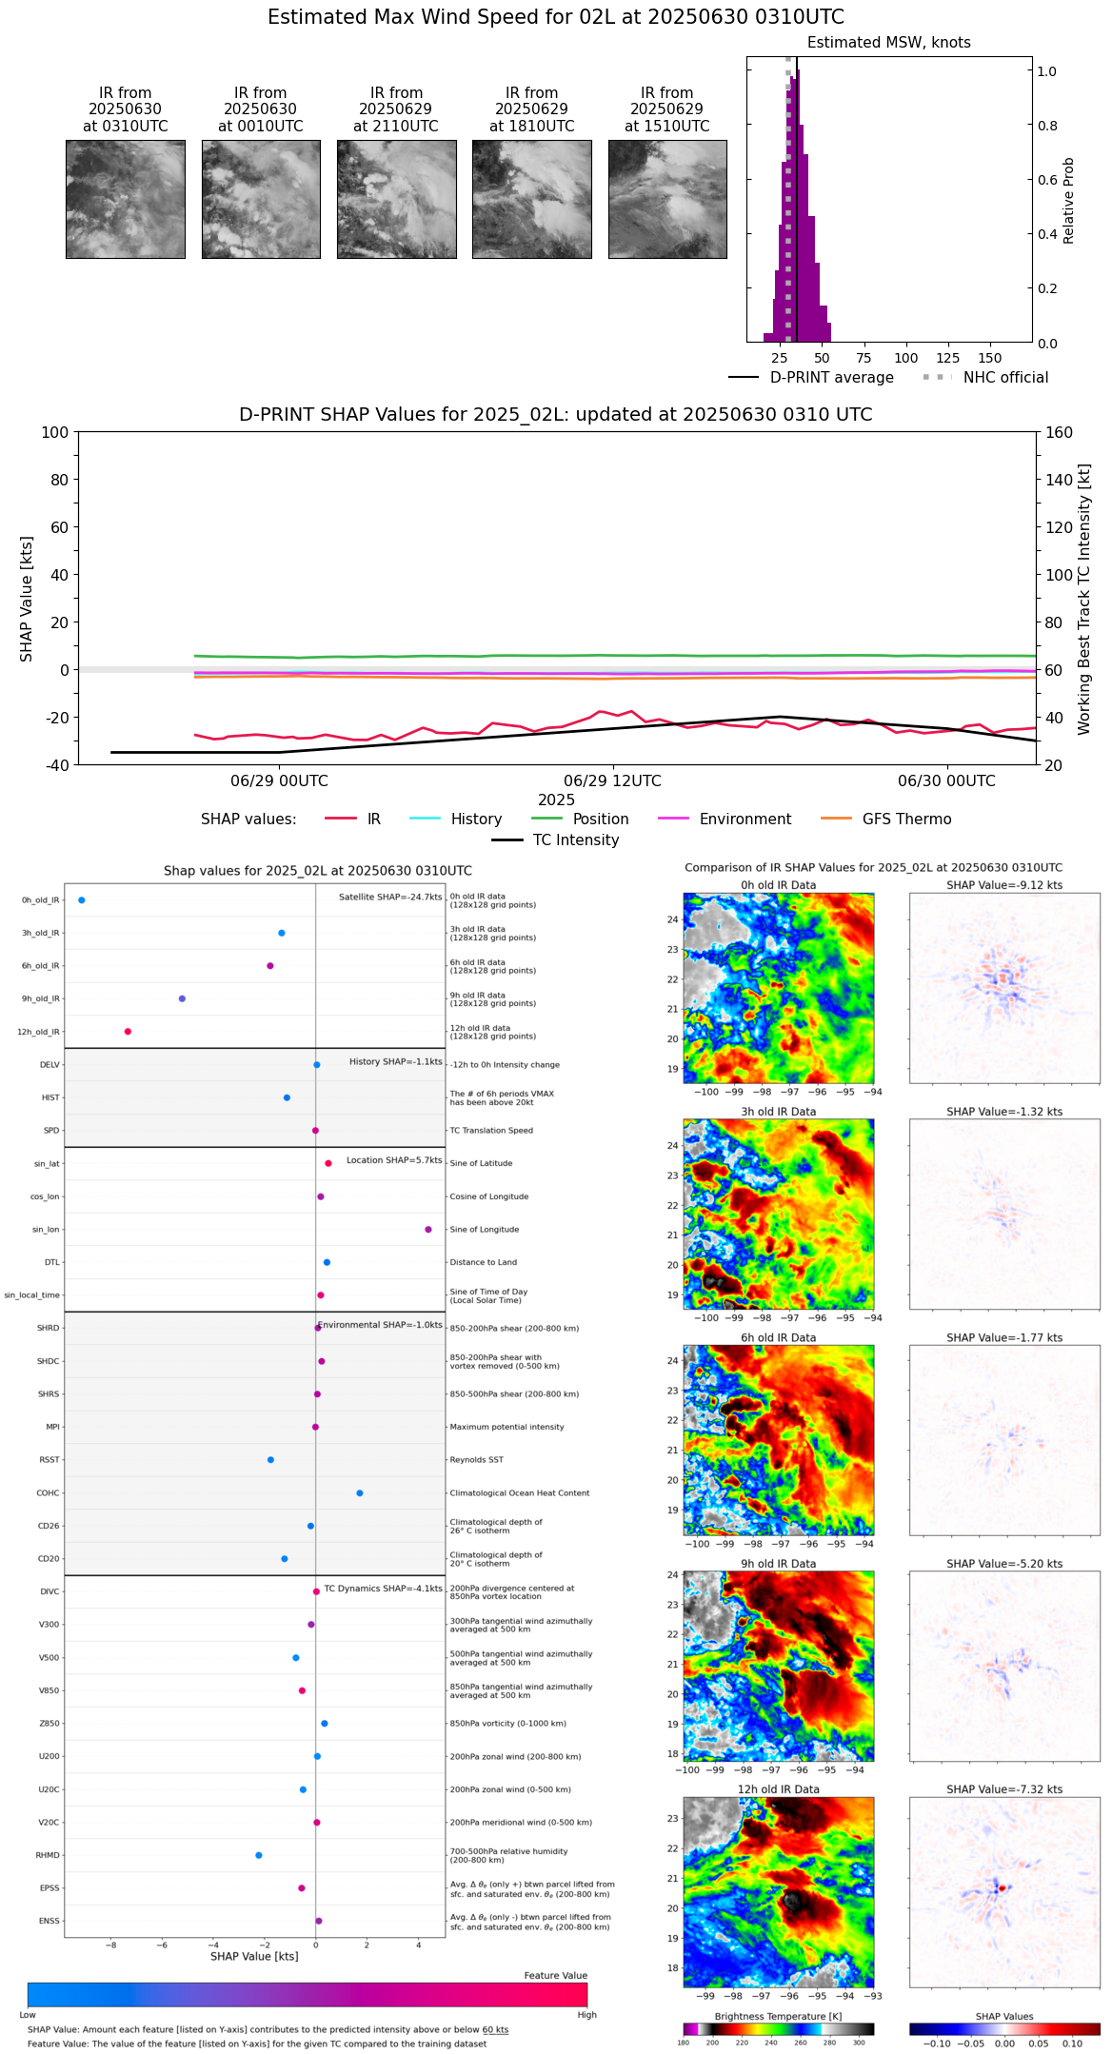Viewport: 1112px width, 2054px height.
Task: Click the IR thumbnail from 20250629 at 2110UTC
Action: [396, 199]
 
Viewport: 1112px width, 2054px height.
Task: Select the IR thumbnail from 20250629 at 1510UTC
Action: [667, 199]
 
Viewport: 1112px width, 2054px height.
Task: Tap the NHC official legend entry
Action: [985, 378]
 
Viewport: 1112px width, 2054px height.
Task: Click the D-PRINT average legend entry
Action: [811, 378]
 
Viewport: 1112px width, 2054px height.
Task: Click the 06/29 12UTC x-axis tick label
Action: [612, 781]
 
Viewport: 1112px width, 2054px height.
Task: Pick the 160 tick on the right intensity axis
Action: [1060, 433]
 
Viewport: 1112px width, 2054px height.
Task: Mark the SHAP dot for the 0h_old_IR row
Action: [82, 900]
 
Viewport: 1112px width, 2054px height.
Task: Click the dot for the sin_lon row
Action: [428, 1230]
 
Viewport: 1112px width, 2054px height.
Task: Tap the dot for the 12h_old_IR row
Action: [128, 1032]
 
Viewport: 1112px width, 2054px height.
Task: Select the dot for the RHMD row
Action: [259, 1855]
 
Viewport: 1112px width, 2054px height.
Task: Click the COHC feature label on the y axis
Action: [48, 1493]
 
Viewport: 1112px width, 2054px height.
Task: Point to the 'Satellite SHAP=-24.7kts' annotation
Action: [390, 897]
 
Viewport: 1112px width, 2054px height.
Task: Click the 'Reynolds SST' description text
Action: [476, 1460]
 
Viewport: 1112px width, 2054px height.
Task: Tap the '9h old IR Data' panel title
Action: [778, 1564]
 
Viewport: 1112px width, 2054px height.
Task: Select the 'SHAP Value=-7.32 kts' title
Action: [1004, 1789]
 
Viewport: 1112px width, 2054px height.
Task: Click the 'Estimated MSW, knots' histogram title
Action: [888, 43]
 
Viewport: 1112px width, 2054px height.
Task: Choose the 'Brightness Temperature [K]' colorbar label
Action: [778, 2016]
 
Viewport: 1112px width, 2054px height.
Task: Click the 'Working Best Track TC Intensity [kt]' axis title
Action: [1084, 600]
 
